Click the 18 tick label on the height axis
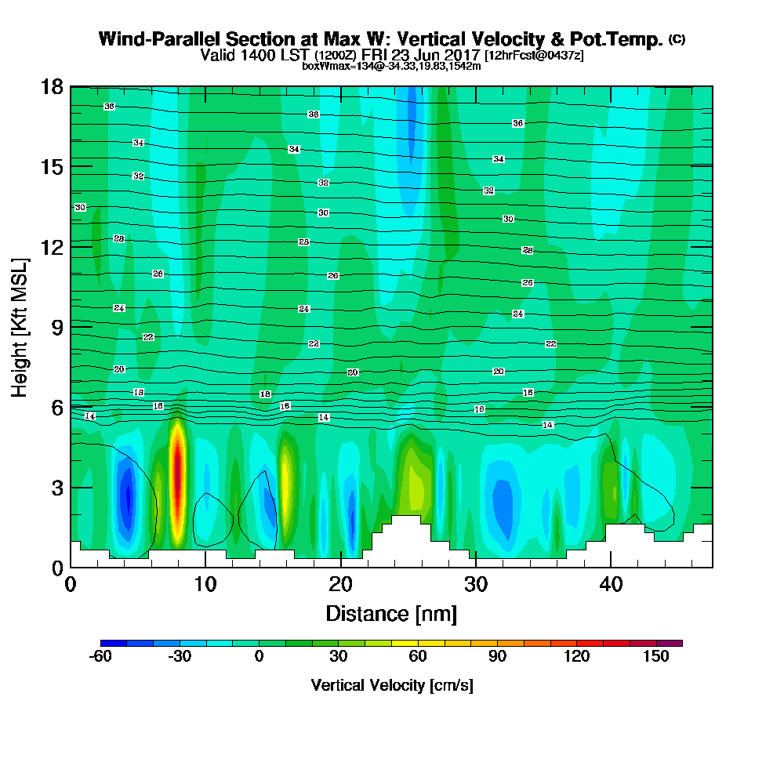(x=51, y=86)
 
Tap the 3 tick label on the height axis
(x=56, y=487)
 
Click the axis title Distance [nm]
(x=391, y=613)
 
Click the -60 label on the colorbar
(x=101, y=658)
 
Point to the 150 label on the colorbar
(x=655, y=658)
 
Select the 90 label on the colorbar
(x=497, y=658)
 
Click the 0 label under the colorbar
(x=260, y=658)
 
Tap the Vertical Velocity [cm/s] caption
(x=391, y=685)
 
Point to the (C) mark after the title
(x=677, y=38)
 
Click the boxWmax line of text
(x=391, y=66)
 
